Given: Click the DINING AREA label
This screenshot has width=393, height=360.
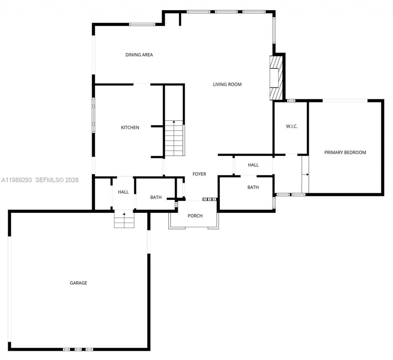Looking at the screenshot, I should (x=139, y=55).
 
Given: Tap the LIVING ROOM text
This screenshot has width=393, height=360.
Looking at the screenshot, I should (x=227, y=84).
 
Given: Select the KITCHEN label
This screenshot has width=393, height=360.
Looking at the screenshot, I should (x=130, y=128).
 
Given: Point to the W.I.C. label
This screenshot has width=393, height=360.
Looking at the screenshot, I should (x=292, y=126).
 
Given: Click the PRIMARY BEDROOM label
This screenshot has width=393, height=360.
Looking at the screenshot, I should (x=345, y=153).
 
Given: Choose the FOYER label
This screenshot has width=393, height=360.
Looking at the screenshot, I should (x=199, y=174).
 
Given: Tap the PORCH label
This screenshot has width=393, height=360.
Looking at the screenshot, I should (x=195, y=216).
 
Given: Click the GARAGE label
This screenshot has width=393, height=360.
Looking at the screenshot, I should (x=78, y=283).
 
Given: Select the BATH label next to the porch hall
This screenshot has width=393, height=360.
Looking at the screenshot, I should (x=156, y=197).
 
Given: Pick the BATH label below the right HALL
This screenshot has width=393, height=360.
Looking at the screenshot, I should (x=253, y=187).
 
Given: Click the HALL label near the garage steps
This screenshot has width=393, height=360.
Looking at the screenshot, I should (x=123, y=192).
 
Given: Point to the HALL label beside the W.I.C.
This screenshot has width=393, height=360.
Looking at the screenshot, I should (x=253, y=165).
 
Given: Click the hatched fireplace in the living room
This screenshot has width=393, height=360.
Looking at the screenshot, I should (x=276, y=78).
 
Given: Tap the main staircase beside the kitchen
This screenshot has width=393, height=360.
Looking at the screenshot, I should (x=174, y=138).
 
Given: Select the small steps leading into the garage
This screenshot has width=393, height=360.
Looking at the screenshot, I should (x=124, y=220).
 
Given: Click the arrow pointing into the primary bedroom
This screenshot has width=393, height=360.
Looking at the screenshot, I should (x=305, y=174).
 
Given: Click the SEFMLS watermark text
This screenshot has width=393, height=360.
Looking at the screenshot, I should (x=57, y=180).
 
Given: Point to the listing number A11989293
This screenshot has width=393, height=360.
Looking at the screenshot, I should (x=17, y=180).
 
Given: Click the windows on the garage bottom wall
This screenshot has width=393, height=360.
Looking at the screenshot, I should (x=78, y=349).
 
